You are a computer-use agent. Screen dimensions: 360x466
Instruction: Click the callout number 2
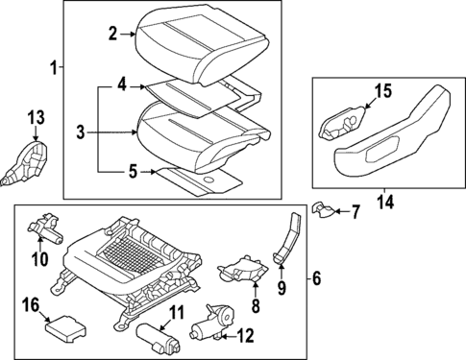point(113,34)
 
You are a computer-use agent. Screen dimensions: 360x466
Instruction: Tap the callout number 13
point(36,118)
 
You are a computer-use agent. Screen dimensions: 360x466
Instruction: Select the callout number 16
point(31,305)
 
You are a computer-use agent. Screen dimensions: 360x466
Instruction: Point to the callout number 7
point(355,210)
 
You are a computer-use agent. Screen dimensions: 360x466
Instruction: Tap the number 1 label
point(54,68)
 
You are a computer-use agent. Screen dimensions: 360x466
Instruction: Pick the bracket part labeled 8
point(242,268)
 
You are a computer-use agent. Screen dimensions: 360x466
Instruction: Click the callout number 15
point(382,91)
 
